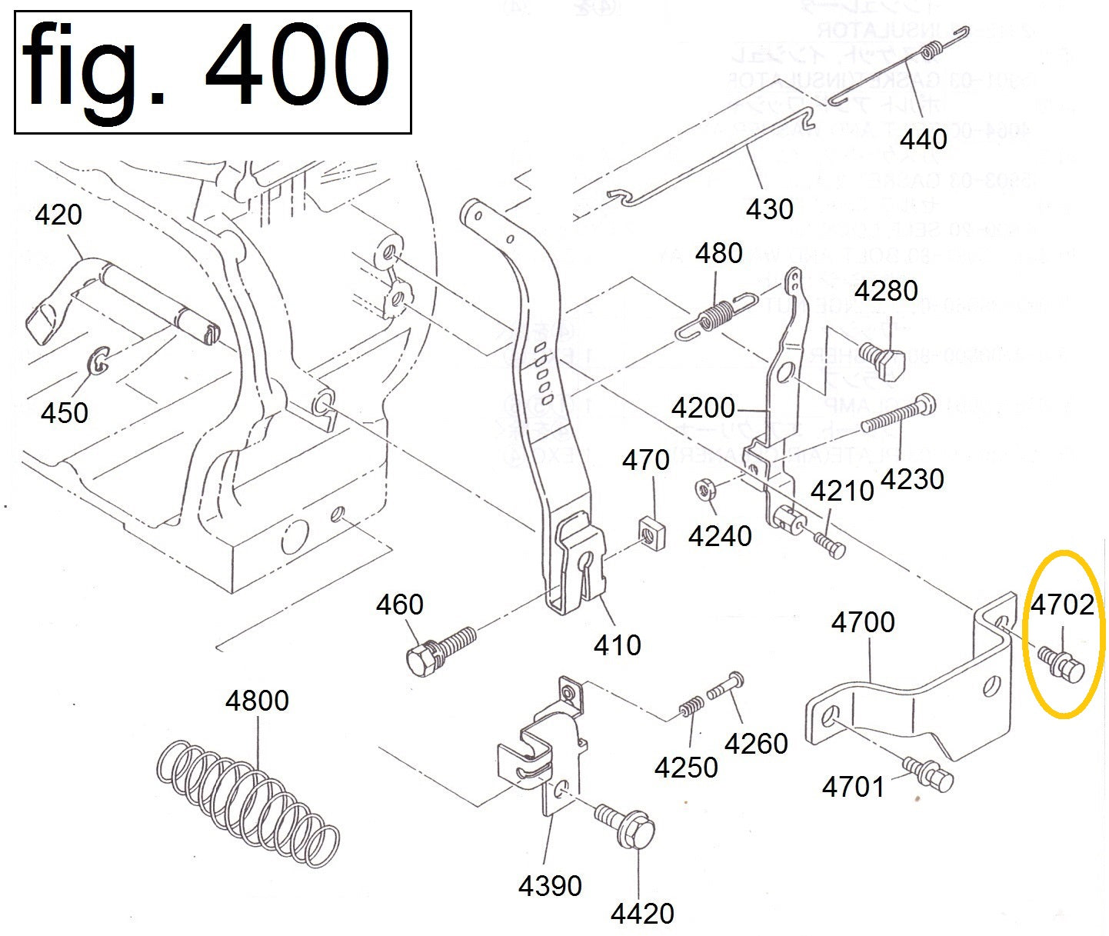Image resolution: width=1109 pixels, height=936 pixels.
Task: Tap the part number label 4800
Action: [x=257, y=701]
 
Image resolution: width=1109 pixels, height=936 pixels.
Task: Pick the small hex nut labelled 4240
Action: [x=704, y=489]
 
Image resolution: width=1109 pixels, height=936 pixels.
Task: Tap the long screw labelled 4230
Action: [x=897, y=415]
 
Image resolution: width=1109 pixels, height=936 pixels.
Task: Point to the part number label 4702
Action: [x=1062, y=605]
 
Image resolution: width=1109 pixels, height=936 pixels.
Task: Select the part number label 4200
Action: [x=703, y=408]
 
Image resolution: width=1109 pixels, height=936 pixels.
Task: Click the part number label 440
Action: [x=923, y=139]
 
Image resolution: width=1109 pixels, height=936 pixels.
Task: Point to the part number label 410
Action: [x=618, y=645]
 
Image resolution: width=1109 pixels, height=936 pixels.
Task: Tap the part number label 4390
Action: [x=550, y=886]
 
